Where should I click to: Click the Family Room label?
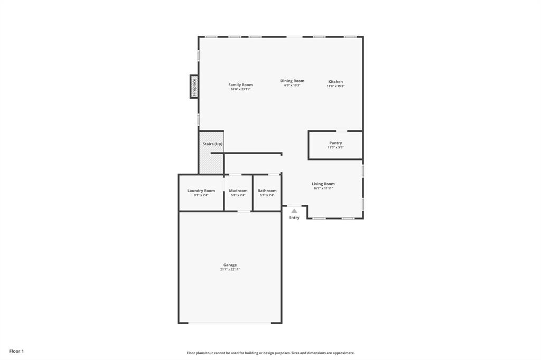pos(240,84)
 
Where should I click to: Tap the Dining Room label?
pos(292,81)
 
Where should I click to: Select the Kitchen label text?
pos(335,82)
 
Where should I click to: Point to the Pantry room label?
pos(335,143)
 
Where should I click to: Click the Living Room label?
pos(323,184)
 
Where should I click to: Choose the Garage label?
pos(230,265)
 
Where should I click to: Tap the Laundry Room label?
pos(201,191)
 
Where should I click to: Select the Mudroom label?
pos(238,191)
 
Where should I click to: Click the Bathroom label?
pos(267,191)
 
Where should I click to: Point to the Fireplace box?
pos(194,87)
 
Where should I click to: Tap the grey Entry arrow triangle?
pos(294,211)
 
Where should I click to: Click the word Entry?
pos(294,217)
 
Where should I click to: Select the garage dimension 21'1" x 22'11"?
pos(230,270)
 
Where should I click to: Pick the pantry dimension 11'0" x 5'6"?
pos(335,148)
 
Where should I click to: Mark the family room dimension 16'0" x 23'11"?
pos(240,89)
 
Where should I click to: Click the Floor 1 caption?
pos(16,351)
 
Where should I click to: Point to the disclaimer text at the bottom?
pos(270,353)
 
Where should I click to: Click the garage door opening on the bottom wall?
pos(230,323)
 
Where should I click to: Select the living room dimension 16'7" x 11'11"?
pos(323,188)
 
